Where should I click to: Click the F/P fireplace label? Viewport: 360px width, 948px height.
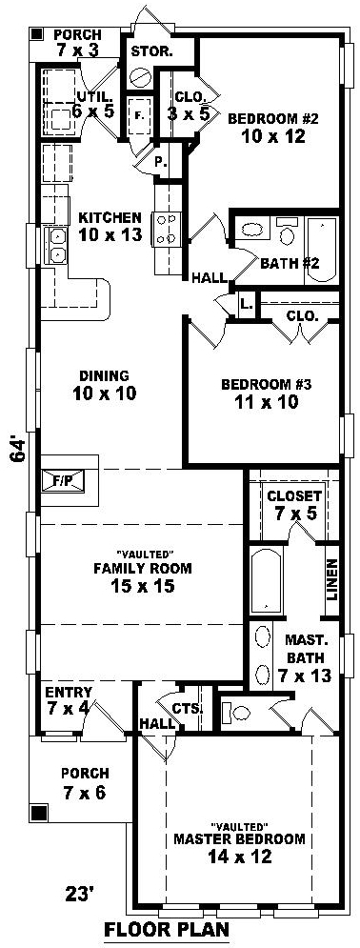[x=62, y=481]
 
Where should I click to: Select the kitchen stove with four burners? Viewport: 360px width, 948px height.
[x=166, y=230]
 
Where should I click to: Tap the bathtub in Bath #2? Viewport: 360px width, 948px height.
[x=321, y=251]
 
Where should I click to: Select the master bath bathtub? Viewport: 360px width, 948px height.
[x=267, y=580]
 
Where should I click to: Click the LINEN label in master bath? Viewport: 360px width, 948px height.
[x=331, y=578]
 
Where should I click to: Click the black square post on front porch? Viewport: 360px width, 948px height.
[x=40, y=811]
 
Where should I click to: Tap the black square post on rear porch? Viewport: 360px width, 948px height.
[x=38, y=34]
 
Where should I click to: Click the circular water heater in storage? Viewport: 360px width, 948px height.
[x=141, y=78]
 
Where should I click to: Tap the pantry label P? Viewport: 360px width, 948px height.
[x=161, y=162]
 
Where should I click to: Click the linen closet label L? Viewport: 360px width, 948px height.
[x=246, y=305]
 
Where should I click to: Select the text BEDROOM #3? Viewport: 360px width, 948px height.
[x=266, y=384]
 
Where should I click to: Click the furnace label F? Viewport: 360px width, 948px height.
[x=138, y=116]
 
